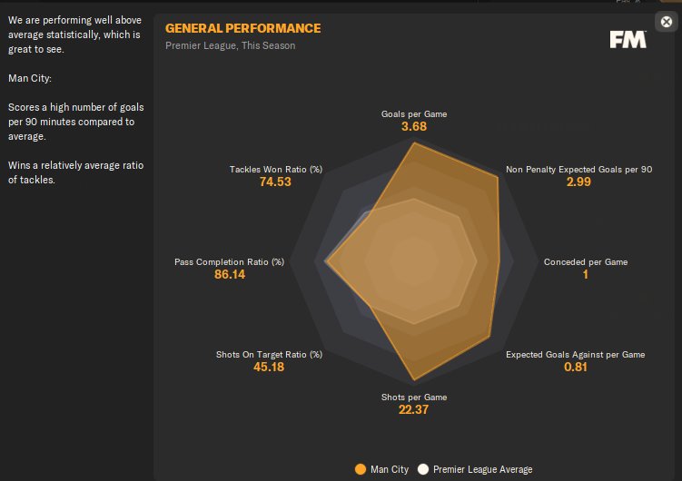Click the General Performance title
242,28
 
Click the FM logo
628,39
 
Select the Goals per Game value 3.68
413,127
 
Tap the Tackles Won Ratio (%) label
276,169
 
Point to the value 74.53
276,182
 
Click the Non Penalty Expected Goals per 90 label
578,169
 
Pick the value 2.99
578,182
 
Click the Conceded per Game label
585,262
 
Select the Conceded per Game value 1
585,275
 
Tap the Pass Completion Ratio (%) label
229,262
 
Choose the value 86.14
229,275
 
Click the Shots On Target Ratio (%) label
269,354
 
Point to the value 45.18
269,367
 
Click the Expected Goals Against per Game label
575,354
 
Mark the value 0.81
575,367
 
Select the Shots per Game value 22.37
413,409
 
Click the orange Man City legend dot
361,469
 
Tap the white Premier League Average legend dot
422,469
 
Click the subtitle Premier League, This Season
230,45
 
